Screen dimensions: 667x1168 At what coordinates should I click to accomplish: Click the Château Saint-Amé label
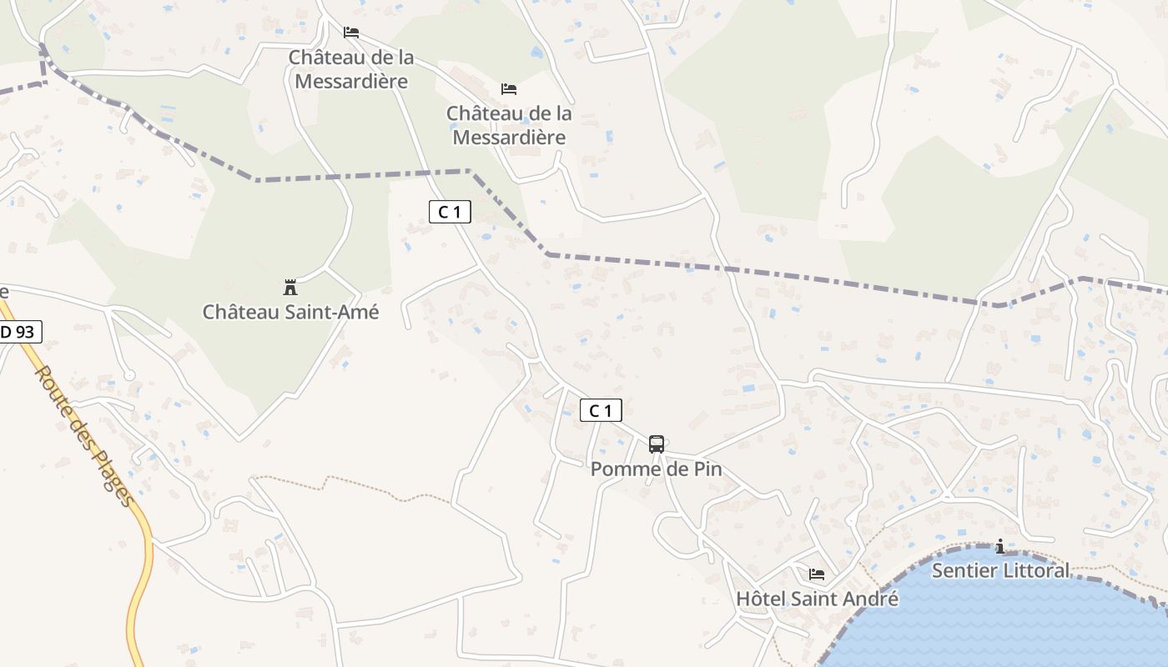point(290,312)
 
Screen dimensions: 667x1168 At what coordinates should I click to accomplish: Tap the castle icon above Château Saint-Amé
point(290,288)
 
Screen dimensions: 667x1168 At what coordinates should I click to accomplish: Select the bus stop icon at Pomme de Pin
point(657,444)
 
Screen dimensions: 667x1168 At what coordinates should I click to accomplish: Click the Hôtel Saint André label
point(817,599)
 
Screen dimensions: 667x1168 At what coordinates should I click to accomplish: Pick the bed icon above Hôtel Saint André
point(817,574)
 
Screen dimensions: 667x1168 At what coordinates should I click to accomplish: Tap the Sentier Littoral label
point(999,570)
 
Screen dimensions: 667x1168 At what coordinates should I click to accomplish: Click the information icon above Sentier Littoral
point(999,547)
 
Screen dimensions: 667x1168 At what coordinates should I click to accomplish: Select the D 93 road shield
point(18,332)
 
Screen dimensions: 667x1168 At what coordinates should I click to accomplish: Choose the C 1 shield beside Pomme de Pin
point(601,410)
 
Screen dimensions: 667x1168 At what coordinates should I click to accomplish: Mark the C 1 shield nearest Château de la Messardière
point(450,212)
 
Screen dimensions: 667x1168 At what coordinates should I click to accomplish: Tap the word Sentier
point(962,570)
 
